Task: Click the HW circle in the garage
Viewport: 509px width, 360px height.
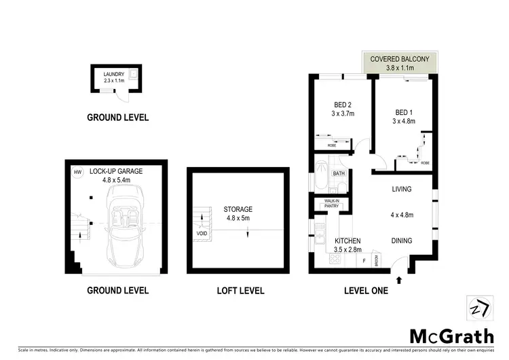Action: (x=77, y=173)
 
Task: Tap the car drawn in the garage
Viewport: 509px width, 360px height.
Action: (x=126, y=224)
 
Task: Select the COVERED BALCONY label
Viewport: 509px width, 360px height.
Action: (x=400, y=60)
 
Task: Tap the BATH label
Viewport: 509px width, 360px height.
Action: (x=339, y=174)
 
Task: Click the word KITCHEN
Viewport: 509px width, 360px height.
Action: (x=347, y=241)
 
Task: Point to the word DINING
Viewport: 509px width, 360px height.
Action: (x=404, y=240)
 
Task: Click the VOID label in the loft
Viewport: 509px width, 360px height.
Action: (x=202, y=234)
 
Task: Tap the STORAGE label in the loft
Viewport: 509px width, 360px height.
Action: (x=238, y=209)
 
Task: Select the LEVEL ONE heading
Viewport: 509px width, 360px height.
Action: (x=366, y=291)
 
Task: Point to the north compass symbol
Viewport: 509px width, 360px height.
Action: (x=478, y=308)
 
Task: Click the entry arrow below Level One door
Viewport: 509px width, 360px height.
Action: (x=399, y=278)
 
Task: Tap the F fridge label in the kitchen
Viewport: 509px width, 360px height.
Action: (x=364, y=260)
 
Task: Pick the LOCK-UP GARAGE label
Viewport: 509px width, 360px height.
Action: (x=116, y=172)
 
